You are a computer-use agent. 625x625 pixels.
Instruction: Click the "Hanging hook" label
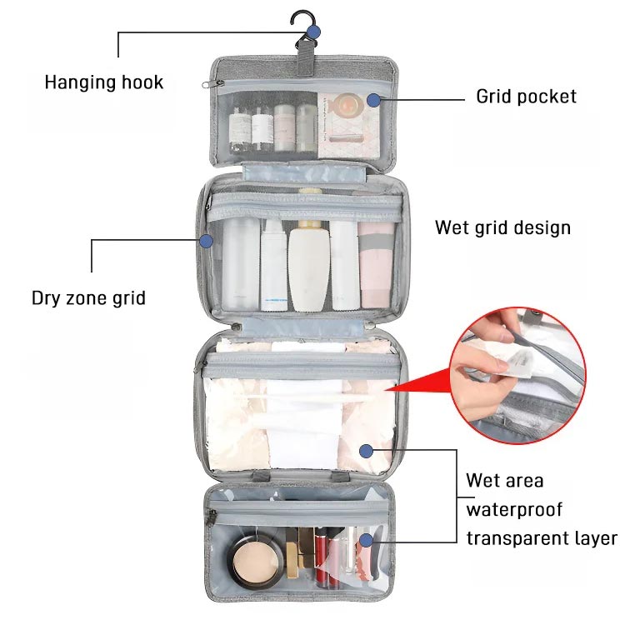pyautogui.click(x=103, y=82)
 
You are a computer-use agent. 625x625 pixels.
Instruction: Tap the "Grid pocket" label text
pyautogui.click(x=526, y=97)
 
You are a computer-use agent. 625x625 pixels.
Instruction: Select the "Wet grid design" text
pyautogui.click(x=502, y=227)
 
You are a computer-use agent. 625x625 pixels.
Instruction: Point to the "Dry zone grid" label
pyautogui.click(x=88, y=297)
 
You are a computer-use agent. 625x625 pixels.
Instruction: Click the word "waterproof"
pyautogui.click(x=514, y=509)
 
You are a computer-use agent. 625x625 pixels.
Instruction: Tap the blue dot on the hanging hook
pyautogui.click(x=313, y=32)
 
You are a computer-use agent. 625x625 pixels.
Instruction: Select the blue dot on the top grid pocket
pyautogui.click(x=373, y=99)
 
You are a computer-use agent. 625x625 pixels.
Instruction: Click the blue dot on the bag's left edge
pyautogui.click(x=207, y=241)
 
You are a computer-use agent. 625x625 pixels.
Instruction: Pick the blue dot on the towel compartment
pyautogui.click(x=366, y=451)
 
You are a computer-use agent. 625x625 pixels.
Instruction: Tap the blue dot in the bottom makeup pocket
pyautogui.click(x=365, y=539)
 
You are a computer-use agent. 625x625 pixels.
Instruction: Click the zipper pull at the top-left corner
pyautogui.click(x=208, y=83)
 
